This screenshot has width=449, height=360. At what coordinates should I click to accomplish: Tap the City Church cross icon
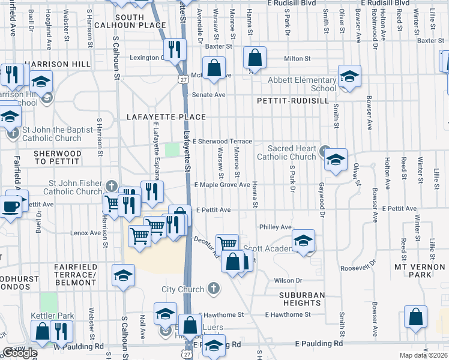(x=212, y=289)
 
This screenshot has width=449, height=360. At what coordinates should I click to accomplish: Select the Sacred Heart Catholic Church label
(x=286, y=152)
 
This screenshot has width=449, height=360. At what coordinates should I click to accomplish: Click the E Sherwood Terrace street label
(x=222, y=141)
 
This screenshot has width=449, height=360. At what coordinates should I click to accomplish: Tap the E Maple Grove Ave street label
(x=221, y=185)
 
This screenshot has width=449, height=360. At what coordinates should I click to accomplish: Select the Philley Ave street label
(x=275, y=227)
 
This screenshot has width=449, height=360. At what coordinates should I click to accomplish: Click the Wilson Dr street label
(x=288, y=280)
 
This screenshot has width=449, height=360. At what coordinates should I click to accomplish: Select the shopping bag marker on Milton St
(x=255, y=59)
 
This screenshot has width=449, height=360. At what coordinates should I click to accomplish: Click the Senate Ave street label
(x=208, y=95)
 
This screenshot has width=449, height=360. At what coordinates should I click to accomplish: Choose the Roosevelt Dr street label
(x=358, y=263)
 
